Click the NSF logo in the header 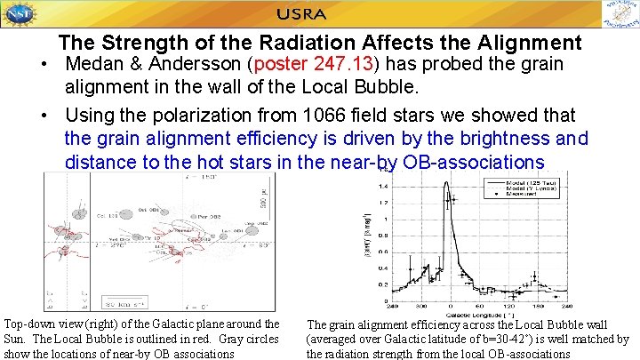click(x=20, y=15)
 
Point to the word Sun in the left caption click(x=17, y=339)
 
